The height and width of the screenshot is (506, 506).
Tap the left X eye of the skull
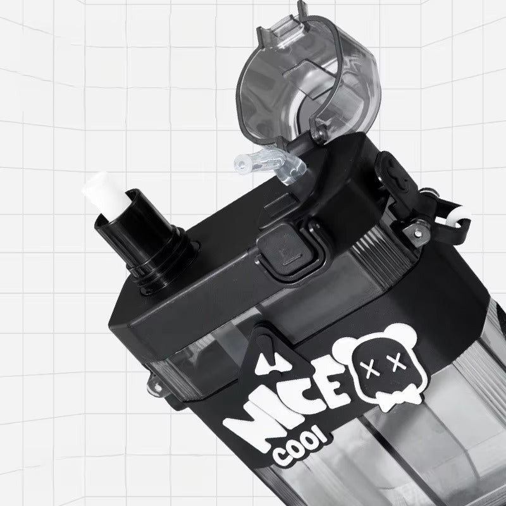(x=370, y=369)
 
